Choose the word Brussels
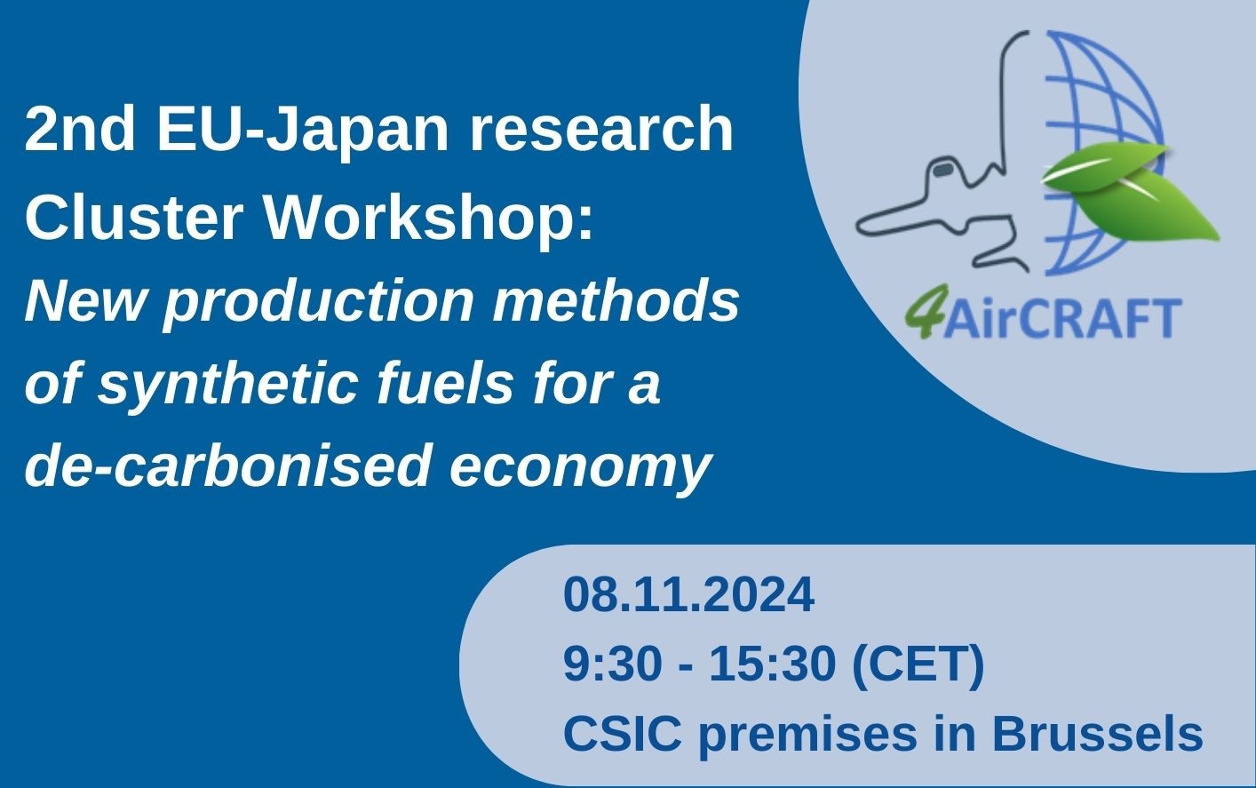[1097, 735]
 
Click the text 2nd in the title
[81, 130]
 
